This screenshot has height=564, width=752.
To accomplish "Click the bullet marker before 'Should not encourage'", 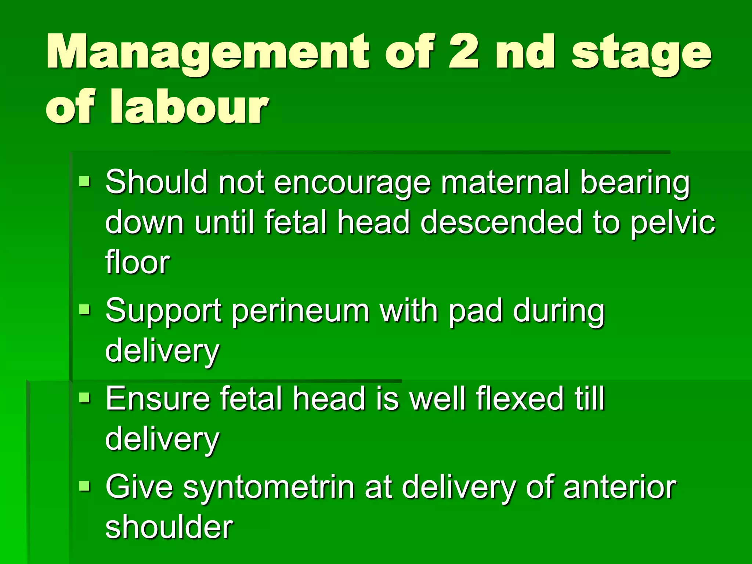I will point(84,181).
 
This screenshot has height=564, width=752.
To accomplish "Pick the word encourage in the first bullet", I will point(352,182).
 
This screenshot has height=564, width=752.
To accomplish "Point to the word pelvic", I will point(673,223).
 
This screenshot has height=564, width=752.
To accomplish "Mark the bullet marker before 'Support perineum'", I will point(84,310).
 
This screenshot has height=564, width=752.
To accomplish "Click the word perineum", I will point(300,311).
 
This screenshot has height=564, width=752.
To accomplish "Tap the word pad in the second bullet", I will point(476,311).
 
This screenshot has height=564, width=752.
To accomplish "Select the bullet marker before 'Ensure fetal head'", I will point(84,398).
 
